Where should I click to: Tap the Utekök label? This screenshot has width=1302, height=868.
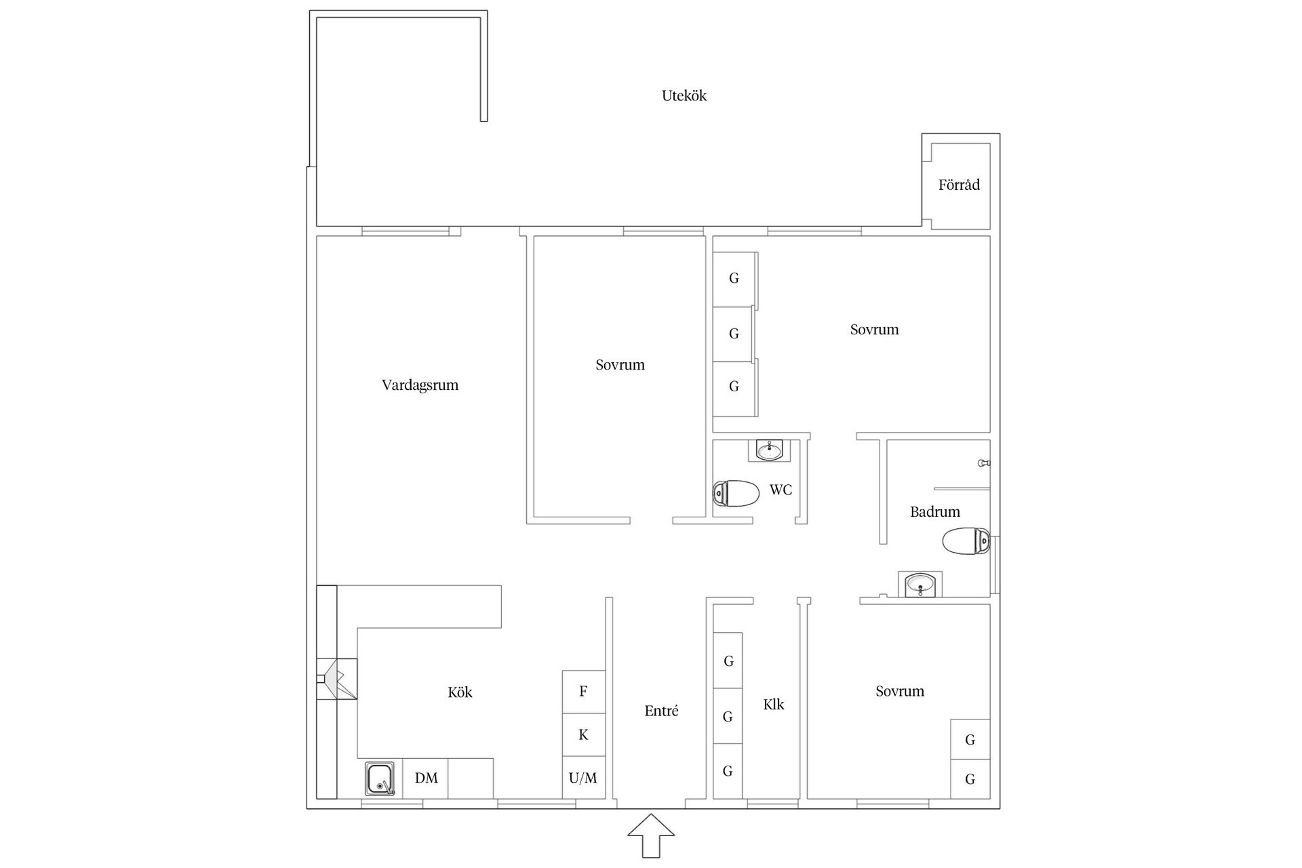click(x=684, y=96)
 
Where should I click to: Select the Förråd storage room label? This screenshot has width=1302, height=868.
click(x=959, y=184)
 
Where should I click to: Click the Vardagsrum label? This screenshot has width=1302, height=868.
click(x=420, y=385)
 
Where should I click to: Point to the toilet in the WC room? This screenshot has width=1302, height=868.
click(x=736, y=493)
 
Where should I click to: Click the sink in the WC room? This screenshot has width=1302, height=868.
click(x=769, y=450)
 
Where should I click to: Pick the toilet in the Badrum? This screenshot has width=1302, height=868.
click(x=966, y=541)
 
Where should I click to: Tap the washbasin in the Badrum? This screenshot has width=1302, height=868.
click(x=920, y=584)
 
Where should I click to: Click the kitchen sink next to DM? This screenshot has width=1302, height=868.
click(x=380, y=778)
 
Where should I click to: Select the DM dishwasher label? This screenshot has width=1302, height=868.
click(x=426, y=778)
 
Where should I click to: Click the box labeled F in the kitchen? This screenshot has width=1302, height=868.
click(x=583, y=692)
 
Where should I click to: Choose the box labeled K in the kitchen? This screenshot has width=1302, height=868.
click(x=583, y=734)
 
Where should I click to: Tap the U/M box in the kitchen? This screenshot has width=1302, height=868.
click(x=583, y=778)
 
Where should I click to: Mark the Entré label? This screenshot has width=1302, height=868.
click(x=661, y=711)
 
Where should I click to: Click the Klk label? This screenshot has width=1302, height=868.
click(x=773, y=705)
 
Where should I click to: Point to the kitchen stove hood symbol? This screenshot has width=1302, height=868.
click(x=338, y=679)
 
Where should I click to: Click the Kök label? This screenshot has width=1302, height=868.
click(x=460, y=692)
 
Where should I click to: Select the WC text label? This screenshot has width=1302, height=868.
click(x=781, y=490)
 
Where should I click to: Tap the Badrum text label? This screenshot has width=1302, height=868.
click(x=934, y=512)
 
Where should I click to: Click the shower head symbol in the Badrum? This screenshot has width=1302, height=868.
click(x=984, y=462)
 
